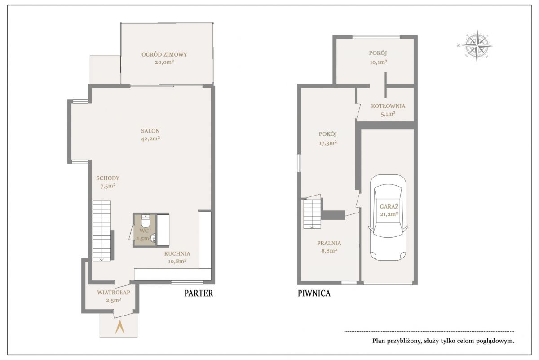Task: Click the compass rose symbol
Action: (x=477, y=45)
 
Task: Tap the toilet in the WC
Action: (x=146, y=221)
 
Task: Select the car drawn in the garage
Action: (x=388, y=218)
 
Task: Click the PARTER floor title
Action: (x=199, y=293)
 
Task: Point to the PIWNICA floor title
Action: (x=314, y=293)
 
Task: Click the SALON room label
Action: (x=150, y=131)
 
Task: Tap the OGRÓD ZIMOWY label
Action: (x=164, y=54)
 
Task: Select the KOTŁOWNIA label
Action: (x=388, y=106)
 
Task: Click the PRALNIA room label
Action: (x=329, y=243)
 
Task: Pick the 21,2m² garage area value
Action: (x=389, y=214)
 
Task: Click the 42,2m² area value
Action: (x=150, y=139)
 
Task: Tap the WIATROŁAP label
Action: (x=114, y=293)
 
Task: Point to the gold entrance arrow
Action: (x=119, y=327)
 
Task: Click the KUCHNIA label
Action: (x=177, y=254)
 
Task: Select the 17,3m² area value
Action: (x=328, y=143)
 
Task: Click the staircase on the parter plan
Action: (x=102, y=231)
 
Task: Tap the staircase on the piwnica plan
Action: (x=312, y=213)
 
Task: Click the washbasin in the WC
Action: (x=153, y=238)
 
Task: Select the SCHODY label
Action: (x=108, y=178)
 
